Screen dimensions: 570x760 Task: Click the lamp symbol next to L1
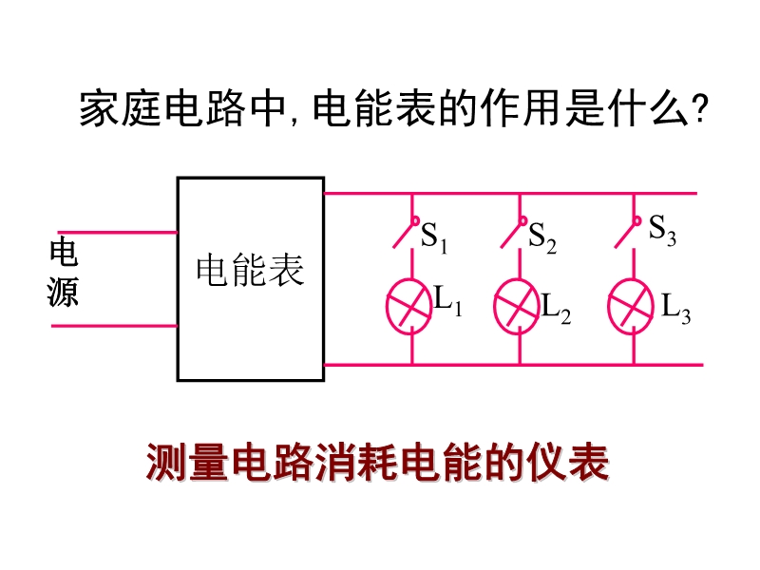[x=410, y=304]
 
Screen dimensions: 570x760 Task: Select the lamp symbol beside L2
[x=519, y=304]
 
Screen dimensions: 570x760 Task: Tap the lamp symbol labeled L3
[x=632, y=304]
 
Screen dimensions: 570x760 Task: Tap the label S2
[x=542, y=237]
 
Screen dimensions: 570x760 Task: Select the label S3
[x=662, y=231]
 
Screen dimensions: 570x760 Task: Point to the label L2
[x=556, y=309]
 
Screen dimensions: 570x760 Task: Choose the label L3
[x=675, y=309]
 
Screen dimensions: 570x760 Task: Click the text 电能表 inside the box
[x=250, y=270]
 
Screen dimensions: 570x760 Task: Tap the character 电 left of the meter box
[x=64, y=254]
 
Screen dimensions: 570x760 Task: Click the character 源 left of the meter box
[x=64, y=292]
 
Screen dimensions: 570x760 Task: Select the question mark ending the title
[x=698, y=109]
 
